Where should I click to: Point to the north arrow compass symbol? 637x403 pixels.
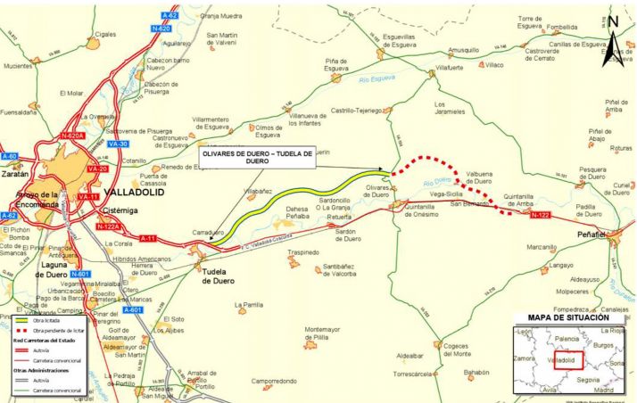[616, 40]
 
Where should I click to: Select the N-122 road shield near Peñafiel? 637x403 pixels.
[539, 215]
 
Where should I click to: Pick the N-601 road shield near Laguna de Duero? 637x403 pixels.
[79, 274]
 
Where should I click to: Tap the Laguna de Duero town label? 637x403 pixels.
[53, 269]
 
